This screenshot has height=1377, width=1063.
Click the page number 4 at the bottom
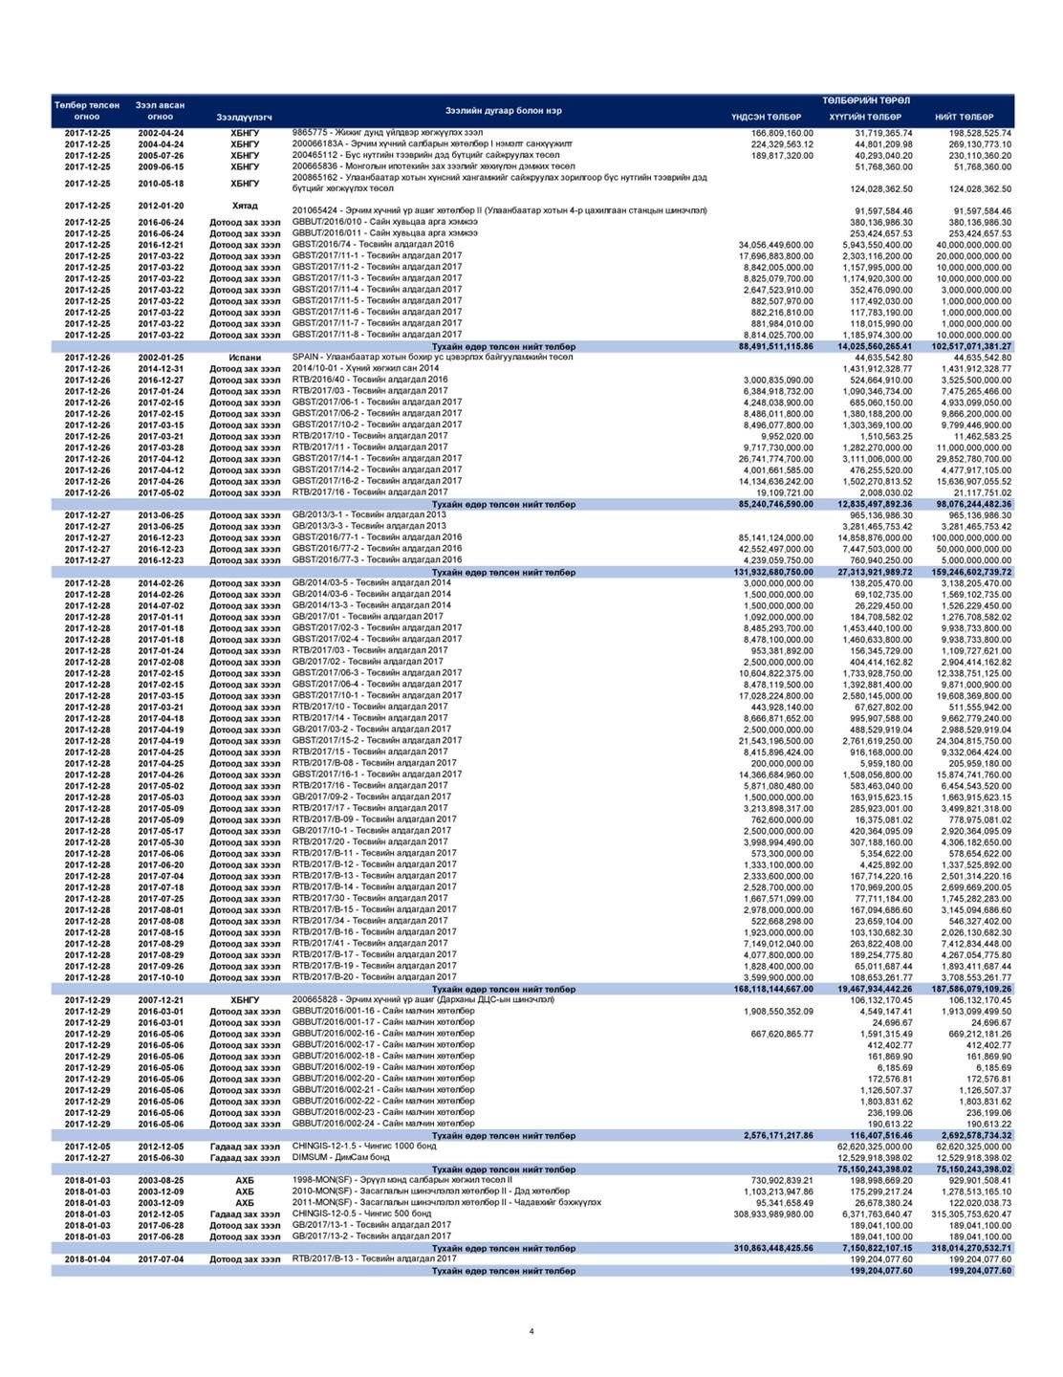531,1330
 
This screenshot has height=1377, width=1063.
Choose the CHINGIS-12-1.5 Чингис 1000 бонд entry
364,1146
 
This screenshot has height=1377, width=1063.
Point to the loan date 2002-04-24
161,133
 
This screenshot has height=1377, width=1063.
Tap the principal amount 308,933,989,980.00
766,1213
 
